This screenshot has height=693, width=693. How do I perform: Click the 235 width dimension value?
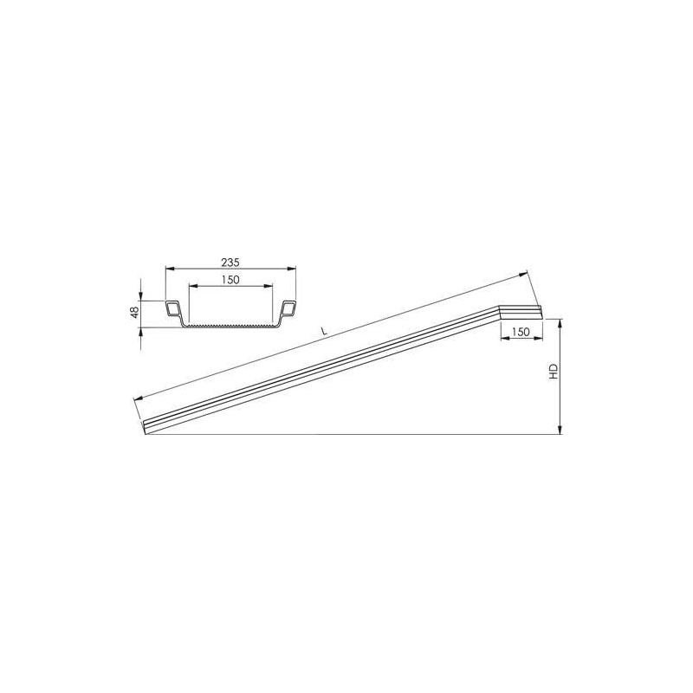click(230, 261)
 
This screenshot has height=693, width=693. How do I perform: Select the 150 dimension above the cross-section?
click(230, 279)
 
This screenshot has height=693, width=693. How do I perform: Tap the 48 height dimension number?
click(134, 313)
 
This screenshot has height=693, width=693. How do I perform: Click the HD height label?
click(553, 374)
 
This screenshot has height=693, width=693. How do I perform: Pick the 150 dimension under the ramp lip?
click(520, 332)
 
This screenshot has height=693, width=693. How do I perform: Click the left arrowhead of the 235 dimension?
click(168, 269)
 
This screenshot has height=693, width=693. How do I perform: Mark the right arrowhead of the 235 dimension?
click(294, 269)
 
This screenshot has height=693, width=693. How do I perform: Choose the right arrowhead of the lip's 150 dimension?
click(539, 340)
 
